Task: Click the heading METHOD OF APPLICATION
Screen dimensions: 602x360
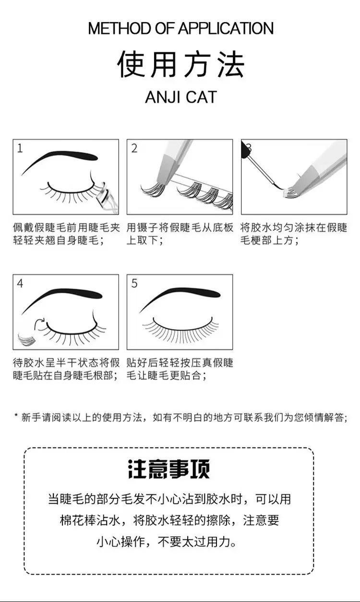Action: coord(180,28)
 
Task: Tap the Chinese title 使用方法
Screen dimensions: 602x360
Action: coord(180,64)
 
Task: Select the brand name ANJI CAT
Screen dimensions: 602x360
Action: coord(180,97)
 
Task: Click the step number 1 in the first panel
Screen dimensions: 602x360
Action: coord(20,148)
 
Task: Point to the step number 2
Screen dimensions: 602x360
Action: coord(134,148)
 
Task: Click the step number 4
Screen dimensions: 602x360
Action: coord(20,283)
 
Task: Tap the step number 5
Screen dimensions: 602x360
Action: coord(134,283)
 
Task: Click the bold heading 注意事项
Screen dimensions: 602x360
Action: coord(168,469)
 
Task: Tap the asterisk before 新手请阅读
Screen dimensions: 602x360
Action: coord(16,416)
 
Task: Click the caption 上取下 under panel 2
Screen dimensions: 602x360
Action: coord(144,240)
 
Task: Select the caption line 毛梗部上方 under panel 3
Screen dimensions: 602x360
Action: coord(269,240)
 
